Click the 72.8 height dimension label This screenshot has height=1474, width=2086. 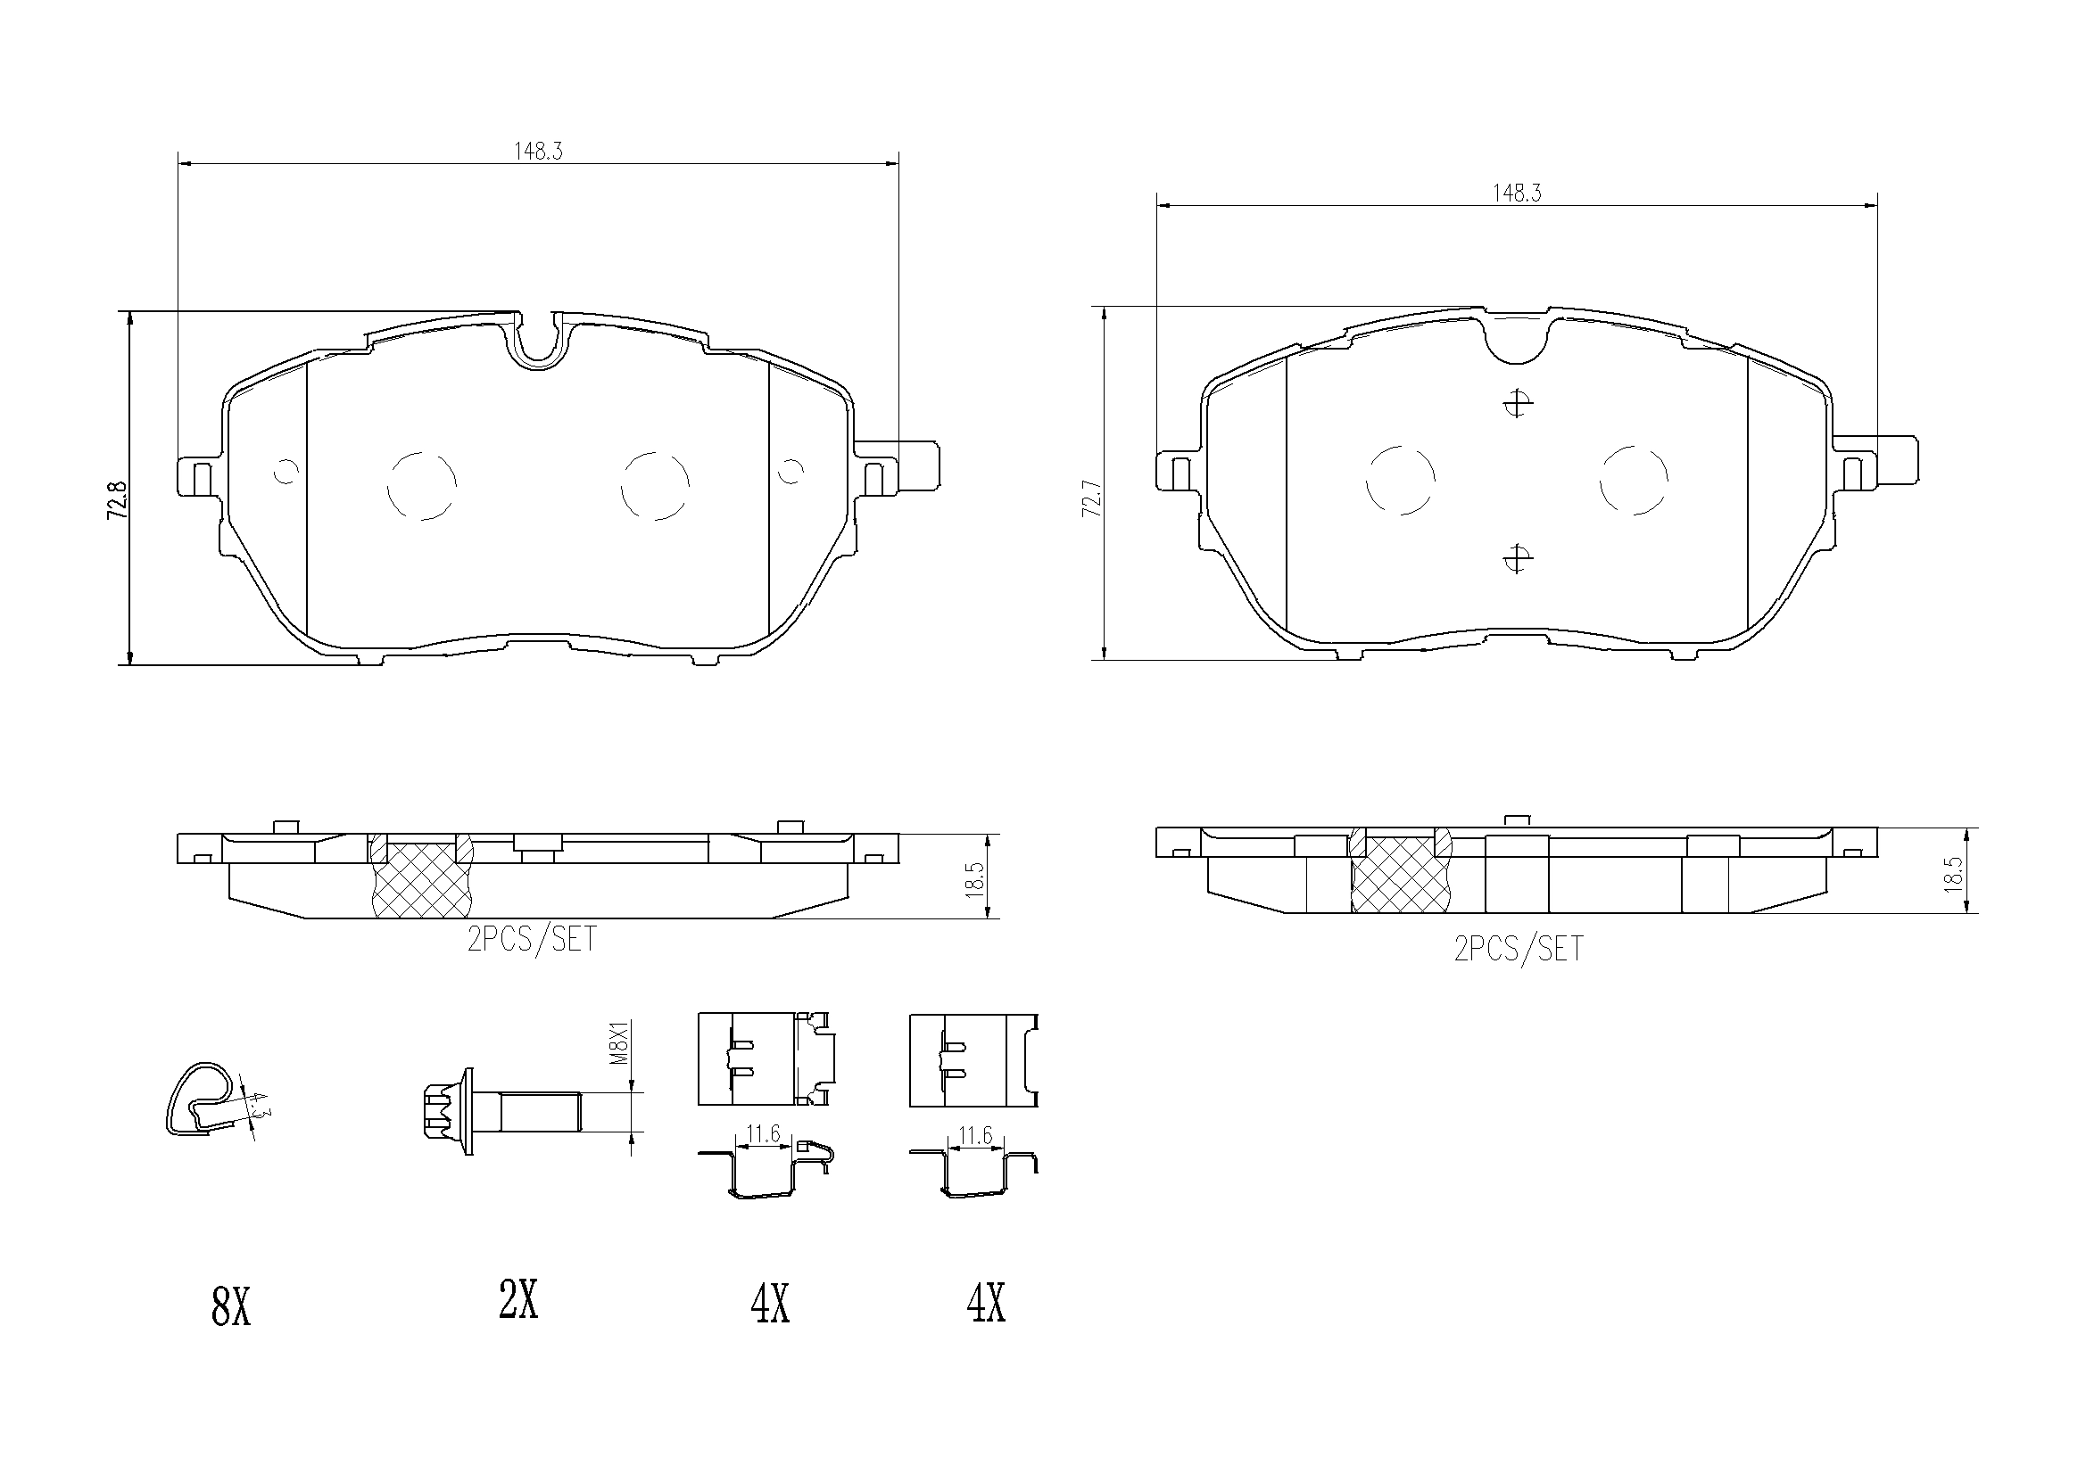pos(115,500)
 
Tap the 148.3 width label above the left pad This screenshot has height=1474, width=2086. pos(538,152)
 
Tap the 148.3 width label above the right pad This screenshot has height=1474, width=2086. pos(1517,194)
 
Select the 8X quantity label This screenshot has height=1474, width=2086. pos(230,1309)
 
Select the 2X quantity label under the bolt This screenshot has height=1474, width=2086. pos(518,1300)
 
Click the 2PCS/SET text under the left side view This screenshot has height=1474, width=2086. pos(532,940)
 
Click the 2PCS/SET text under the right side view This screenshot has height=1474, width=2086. pos(1519,950)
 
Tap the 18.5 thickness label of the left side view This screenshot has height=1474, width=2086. pos(976,879)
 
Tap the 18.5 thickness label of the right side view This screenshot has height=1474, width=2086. pos(1954,875)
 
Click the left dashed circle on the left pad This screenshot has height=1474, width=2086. pos(421,486)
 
